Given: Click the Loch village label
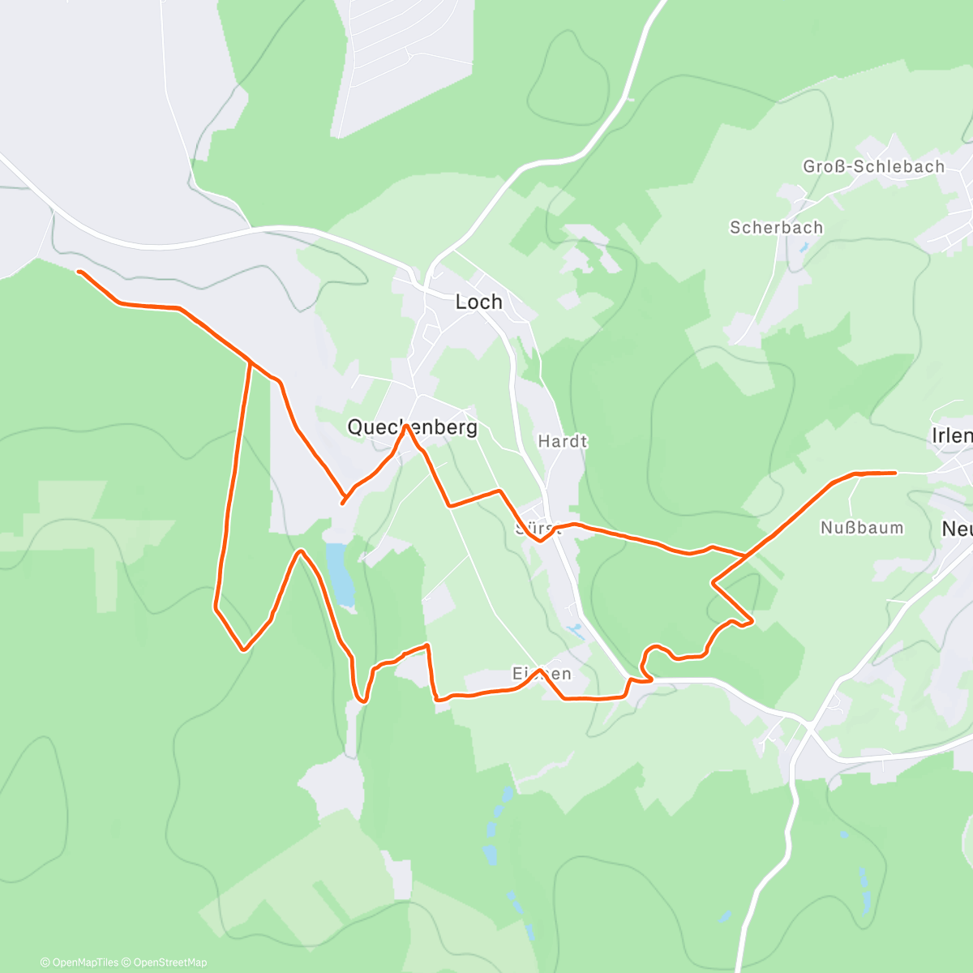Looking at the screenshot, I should (478, 302).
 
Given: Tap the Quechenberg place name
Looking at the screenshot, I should (412, 427).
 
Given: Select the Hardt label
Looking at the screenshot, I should (562, 442).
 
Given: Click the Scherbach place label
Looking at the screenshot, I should (776, 228).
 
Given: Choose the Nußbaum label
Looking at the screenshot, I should (862, 528).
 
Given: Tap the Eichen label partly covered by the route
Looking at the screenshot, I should (542, 674).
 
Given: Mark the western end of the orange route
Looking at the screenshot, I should (79, 272).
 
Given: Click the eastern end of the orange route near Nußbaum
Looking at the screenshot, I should (894, 472).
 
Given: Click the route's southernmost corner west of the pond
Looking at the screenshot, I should (243, 649).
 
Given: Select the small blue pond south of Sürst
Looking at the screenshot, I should (575, 628).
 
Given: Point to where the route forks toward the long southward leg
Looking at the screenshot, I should (250, 362).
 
